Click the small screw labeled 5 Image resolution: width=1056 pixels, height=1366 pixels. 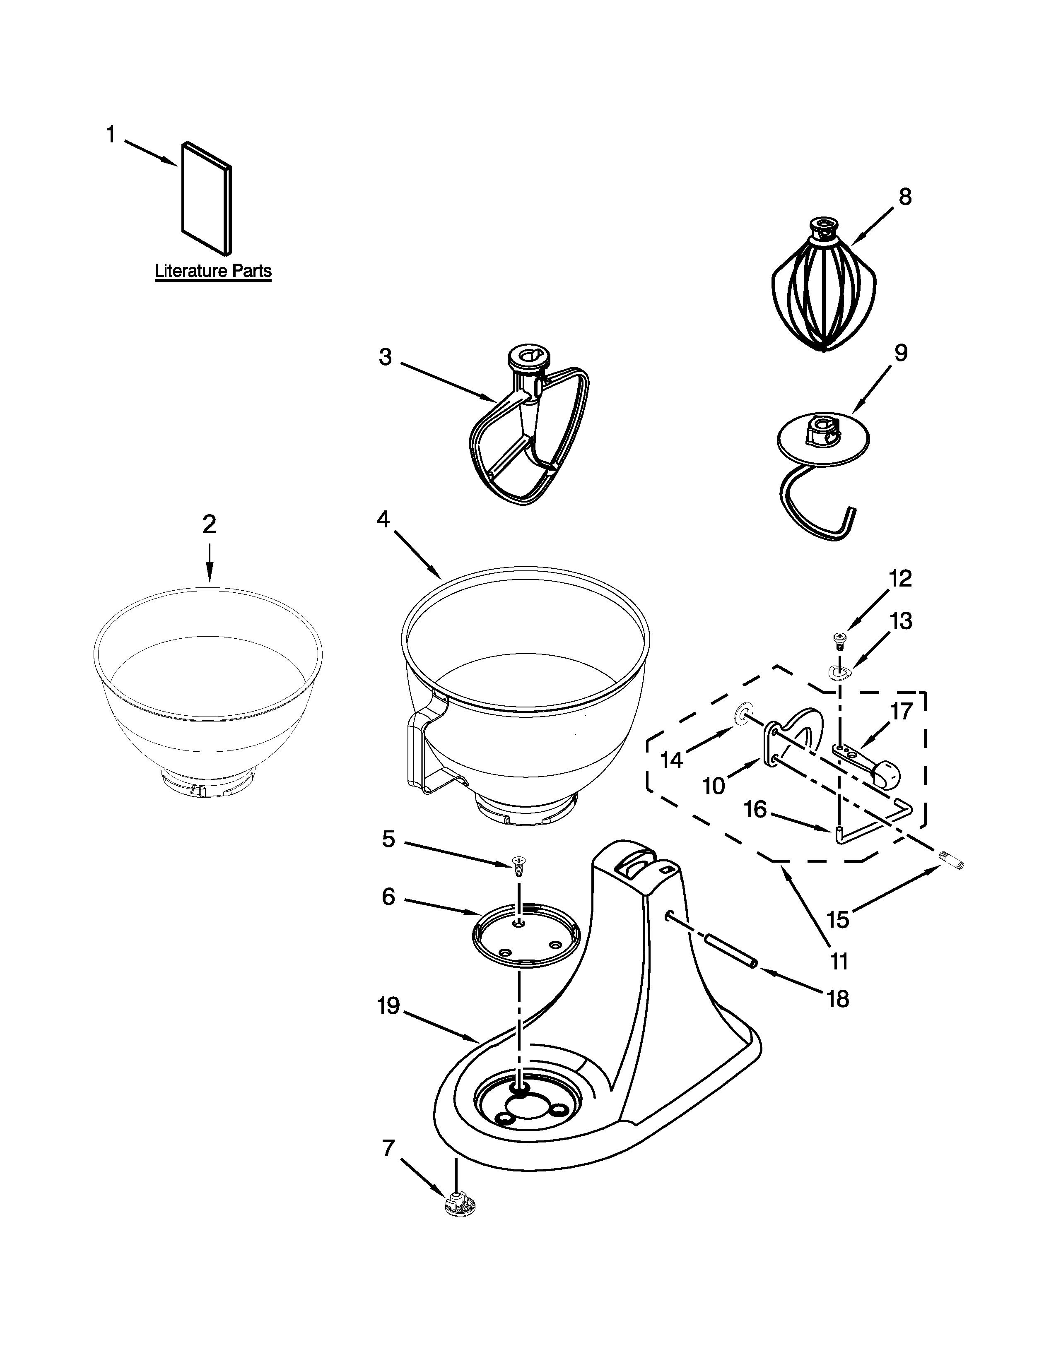[518, 865]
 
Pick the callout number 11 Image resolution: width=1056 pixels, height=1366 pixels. [838, 961]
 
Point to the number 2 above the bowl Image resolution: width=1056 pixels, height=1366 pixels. [209, 524]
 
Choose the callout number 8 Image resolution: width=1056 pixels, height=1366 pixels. [904, 197]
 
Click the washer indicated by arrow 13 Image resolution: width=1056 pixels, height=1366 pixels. [838, 672]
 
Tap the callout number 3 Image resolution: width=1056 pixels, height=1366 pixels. [386, 357]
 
